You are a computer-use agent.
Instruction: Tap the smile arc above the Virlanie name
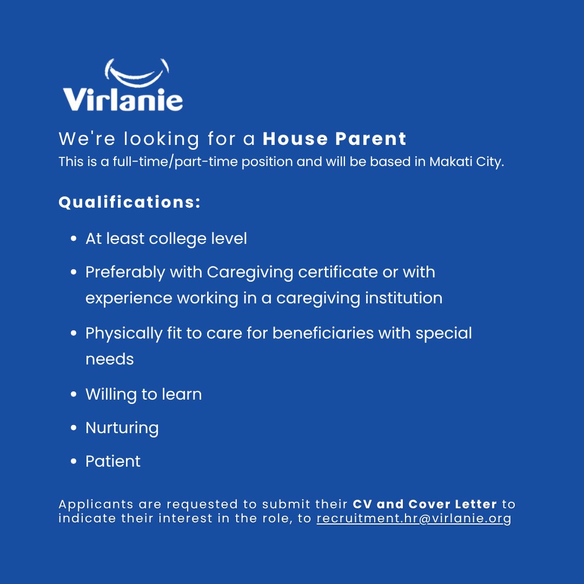point(136,73)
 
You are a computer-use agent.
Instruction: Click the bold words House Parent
point(334,139)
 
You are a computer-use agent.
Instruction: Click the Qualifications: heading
point(130,202)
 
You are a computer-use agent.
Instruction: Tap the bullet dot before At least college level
point(74,239)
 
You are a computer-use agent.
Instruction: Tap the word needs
point(109,359)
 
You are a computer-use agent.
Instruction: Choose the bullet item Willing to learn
point(143,394)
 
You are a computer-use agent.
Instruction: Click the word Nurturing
point(122,428)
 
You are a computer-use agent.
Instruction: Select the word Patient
point(113,461)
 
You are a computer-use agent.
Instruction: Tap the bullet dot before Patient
point(74,461)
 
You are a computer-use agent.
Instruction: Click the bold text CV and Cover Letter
point(424,505)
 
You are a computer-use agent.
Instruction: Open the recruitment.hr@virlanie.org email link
point(414,519)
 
